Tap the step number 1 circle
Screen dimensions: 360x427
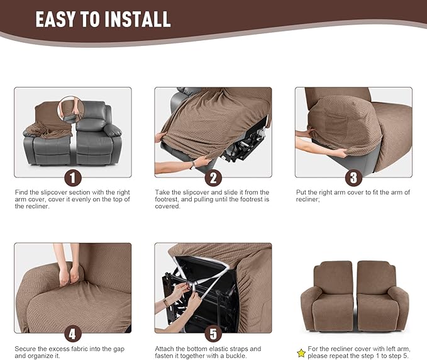pyautogui.click(x=73, y=177)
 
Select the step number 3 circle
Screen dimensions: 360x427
pyautogui.click(x=353, y=177)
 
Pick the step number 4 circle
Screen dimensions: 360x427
pyautogui.click(x=73, y=334)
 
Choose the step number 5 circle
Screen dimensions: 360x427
pyautogui.click(x=213, y=334)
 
